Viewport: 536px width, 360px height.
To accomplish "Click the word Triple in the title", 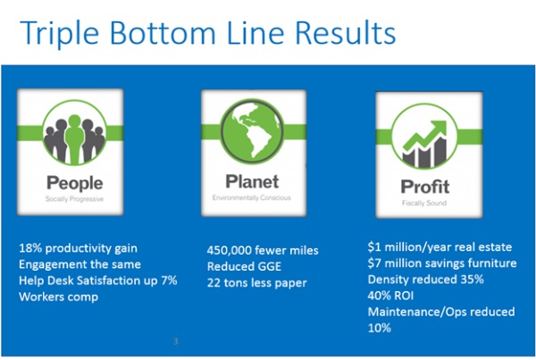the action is (x=60, y=34).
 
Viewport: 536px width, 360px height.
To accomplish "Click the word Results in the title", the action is (x=345, y=32).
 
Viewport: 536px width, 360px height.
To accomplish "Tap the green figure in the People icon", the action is (x=74, y=138).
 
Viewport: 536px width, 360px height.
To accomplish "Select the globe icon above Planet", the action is (x=252, y=131).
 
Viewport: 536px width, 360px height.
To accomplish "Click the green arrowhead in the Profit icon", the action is (x=438, y=130).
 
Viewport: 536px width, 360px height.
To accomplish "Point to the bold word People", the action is (x=74, y=183).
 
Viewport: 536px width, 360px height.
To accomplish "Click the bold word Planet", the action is (x=252, y=181).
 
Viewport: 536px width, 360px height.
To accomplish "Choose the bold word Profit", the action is (x=425, y=187).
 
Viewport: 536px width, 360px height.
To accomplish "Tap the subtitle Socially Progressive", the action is (x=74, y=199).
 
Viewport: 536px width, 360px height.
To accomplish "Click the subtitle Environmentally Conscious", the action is (x=252, y=197).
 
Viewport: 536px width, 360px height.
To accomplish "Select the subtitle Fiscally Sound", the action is (x=424, y=203).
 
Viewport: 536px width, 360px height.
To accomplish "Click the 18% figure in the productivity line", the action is (x=30, y=247).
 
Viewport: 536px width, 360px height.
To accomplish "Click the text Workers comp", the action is (x=58, y=297).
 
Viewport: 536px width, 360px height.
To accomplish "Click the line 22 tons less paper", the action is (x=256, y=283).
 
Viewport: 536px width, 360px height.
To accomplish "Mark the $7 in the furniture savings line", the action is (x=374, y=264).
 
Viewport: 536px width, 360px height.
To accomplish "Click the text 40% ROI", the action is (x=390, y=296).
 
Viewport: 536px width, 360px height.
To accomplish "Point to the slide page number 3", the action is (x=175, y=341).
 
